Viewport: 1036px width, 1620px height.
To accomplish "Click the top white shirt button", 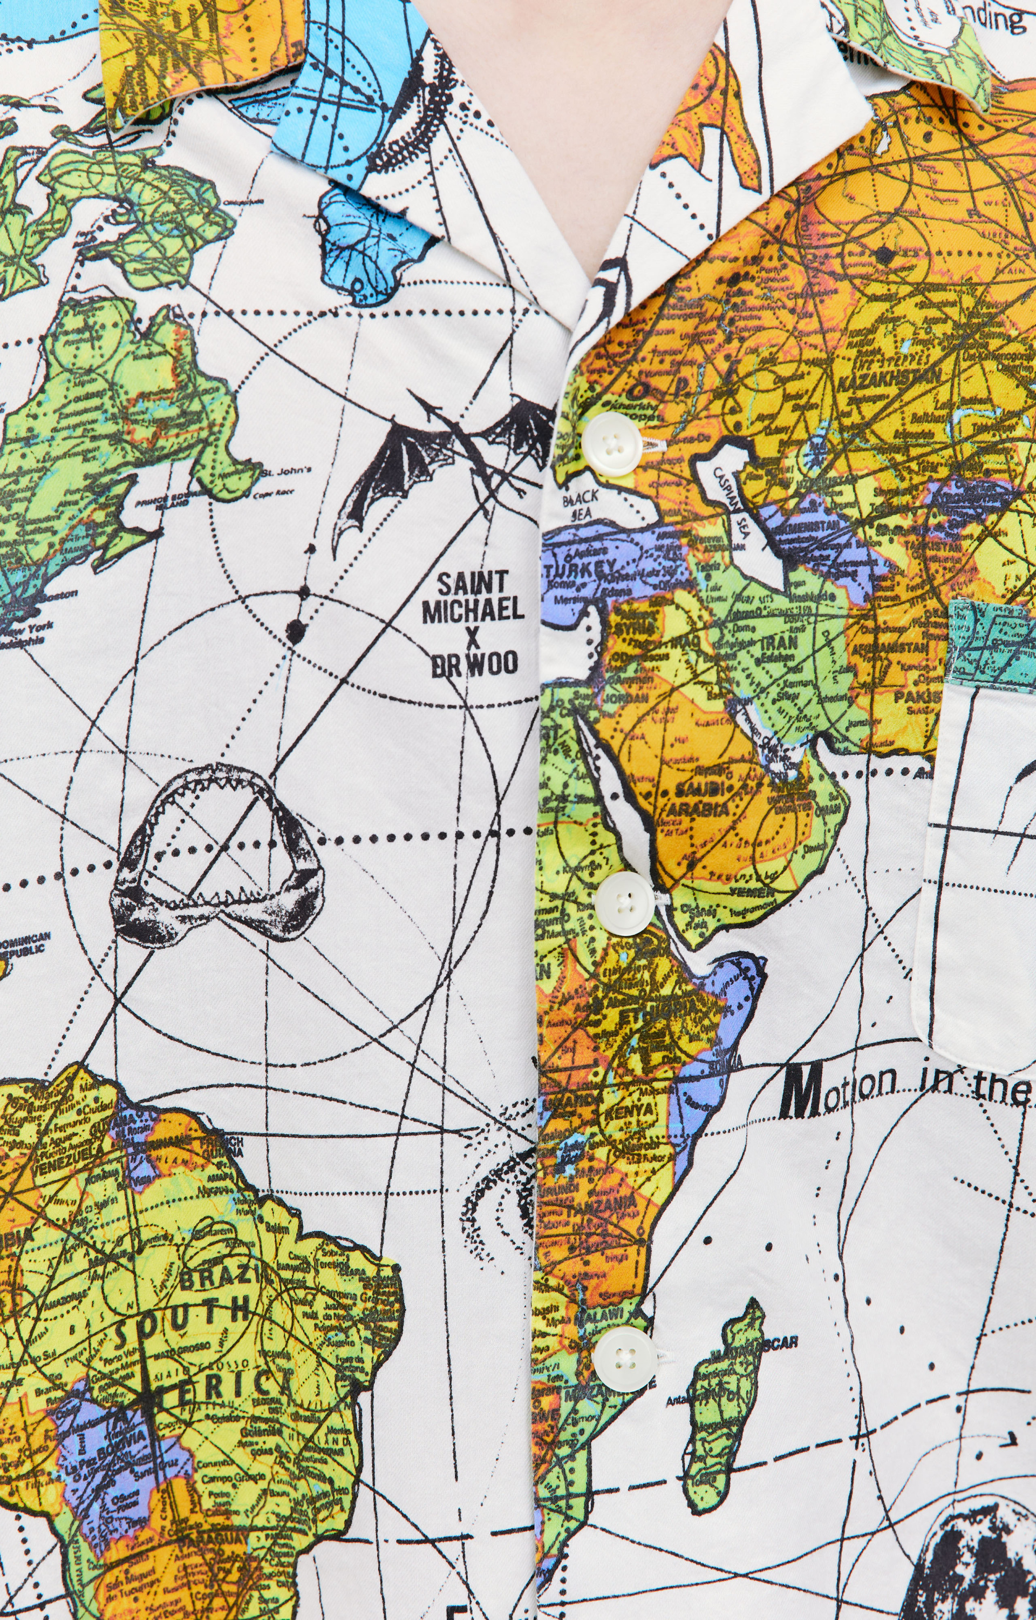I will pyautogui.click(x=611, y=444).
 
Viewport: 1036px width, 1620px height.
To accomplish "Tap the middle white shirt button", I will pyautogui.click(x=624, y=903).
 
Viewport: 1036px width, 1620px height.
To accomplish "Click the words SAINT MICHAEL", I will pyautogui.click(x=473, y=596).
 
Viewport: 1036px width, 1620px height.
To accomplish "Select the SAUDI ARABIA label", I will pyautogui.click(x=698, y=798).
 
